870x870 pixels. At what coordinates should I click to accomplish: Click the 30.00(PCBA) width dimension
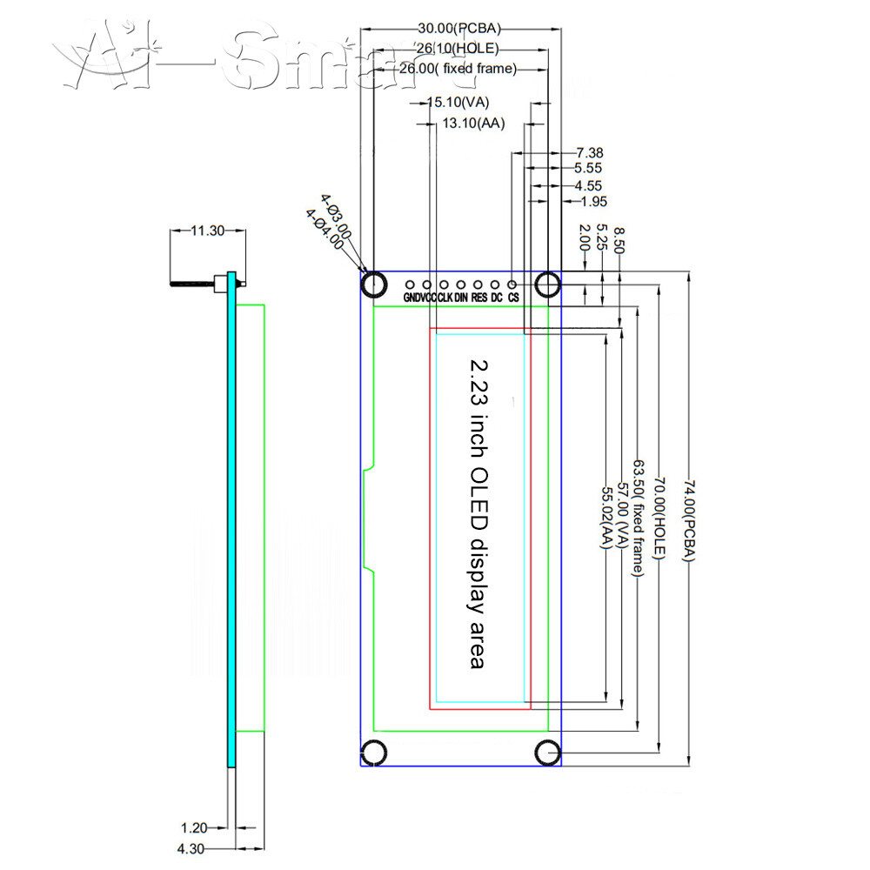click(x=459, y=28)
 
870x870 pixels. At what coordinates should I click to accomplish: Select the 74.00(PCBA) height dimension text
click(x=687, y=520)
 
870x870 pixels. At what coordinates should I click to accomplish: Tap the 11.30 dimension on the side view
click(x=207, y=231)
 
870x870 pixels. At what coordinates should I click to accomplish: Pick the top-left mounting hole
click(x=375, y=284)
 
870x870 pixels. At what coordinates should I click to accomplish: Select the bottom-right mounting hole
click(x=548, y=752)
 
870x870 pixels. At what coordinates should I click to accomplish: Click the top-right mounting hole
click(x=548, y=284)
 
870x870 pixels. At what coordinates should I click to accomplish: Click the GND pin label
click(x=411, y=298)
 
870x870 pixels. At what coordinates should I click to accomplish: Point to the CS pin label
click(x=514, y=298)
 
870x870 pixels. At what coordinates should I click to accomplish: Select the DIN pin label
click(x=461, y=298)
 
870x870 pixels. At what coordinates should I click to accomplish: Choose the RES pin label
click(x=479, y=298)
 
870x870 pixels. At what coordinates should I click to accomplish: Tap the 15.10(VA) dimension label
click(x=458, y=103)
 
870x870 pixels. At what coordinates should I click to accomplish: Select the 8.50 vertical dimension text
click(x=619, y=238)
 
